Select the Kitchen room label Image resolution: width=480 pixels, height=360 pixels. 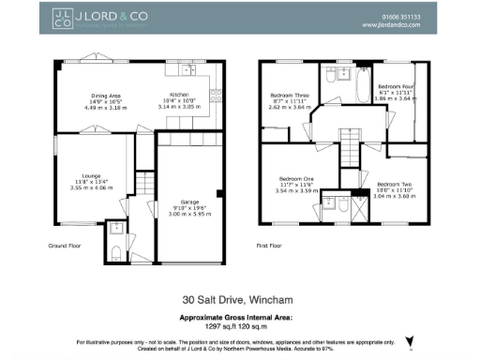coord(179,96)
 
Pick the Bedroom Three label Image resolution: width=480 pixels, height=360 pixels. coord(289,96)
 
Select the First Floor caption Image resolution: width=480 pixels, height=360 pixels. coord(269,245)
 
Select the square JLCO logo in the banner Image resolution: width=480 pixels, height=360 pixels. coord(63,19)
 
